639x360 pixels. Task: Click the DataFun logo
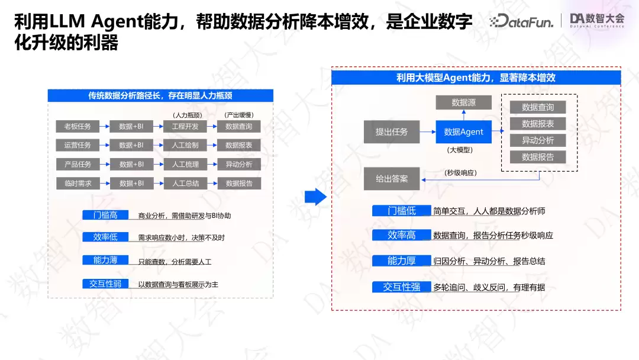[x=521, y=21]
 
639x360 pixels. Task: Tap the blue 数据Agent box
[x=463, y=131]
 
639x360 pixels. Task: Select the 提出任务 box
[x=392, y=131]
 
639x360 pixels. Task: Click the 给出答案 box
[x=392, y=179]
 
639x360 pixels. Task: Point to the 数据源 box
[x=463, y=102]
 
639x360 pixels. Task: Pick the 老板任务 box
[x=78, y=126]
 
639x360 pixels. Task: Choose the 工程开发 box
[x=185, y=126]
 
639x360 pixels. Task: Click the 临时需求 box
[x=78, y=184]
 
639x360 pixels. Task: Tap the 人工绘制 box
[x=185, y=145]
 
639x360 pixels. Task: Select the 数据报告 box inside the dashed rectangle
[x=538, y=157]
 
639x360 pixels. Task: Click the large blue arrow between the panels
[x=315, y=197]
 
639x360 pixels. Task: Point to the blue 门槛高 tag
[x=105, y=215]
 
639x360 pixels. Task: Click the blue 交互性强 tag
[x=401, y=287]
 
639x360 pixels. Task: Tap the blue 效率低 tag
[x=105, y=237]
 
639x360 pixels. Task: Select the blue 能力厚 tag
[x=401, y=261]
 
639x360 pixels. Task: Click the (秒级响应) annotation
[x=460, y=173]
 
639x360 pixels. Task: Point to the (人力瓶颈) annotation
[x=187, y=115]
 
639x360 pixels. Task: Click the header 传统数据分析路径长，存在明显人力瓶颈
[x=160, y=95]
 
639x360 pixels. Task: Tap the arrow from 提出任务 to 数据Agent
[x=428, y=131]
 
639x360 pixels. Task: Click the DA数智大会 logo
[x=597, y=20]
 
